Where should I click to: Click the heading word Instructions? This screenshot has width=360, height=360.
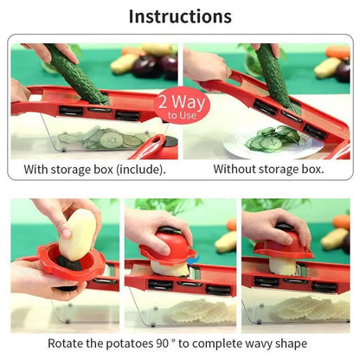[x=180, y=16]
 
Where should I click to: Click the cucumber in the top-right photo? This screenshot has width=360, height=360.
[x=273, y=74]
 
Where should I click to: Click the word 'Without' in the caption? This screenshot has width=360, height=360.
[x=237, y=169]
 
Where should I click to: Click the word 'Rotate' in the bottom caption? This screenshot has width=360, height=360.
[x=67, y=343]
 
